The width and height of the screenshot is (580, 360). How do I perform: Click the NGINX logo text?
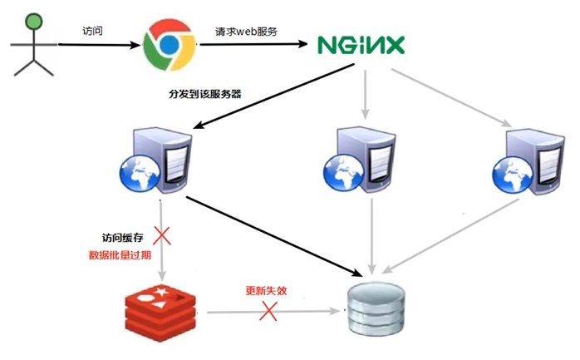360,44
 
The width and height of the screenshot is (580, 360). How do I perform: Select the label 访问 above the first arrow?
94,31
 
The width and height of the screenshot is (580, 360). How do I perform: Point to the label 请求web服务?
245,31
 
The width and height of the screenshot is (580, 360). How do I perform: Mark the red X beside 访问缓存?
162,237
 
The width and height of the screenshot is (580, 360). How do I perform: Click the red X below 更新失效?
268,312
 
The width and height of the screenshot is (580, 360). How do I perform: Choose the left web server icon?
158,163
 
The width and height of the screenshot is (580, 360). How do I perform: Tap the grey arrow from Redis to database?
274,312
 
